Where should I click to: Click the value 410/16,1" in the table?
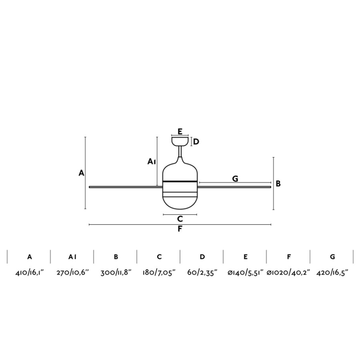(x=29, y=272)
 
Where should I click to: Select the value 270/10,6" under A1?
(x=73, y=272)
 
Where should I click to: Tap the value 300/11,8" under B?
(x=116, y=272)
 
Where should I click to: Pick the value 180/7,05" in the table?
(x=159, y=272)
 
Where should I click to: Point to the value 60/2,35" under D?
(x=202, y=272)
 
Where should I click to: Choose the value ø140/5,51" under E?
(x=246, y=272)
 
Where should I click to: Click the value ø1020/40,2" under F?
(x=289, y=272)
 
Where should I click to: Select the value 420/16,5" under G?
(x=332, y=272)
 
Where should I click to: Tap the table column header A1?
(x=72, y=257)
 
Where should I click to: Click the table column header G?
(x=333, y=257)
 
